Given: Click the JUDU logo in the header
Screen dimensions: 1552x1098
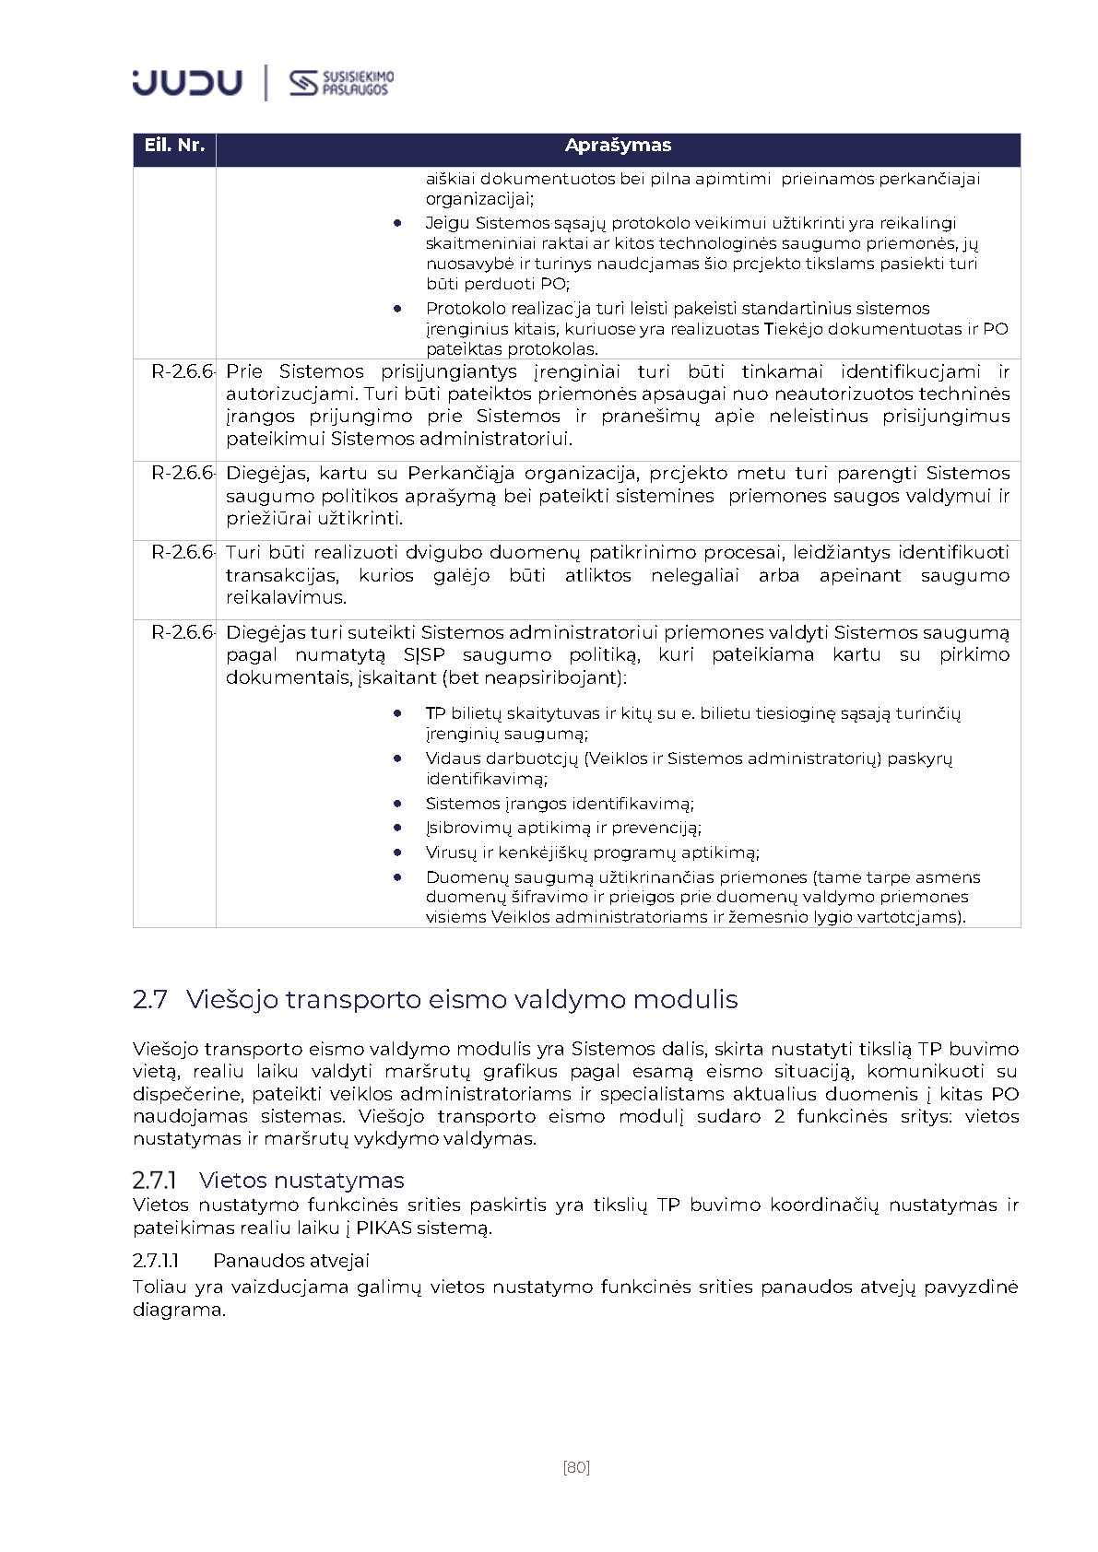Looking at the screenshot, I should pos(187,83).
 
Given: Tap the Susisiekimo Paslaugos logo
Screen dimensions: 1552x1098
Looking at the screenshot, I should pos(341,83).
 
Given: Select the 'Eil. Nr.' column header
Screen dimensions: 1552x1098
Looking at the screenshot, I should pos(174,146).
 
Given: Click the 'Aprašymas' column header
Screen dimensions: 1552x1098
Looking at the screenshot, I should pos(618,146).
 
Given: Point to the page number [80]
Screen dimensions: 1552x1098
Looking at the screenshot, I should pos(576,1467).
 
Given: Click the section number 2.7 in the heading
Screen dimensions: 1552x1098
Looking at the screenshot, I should pos(150,1000).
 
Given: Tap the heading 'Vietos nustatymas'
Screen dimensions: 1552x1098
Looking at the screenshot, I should pos(301,1181).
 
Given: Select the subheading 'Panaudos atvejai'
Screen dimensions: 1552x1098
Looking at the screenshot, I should pos(290,1261).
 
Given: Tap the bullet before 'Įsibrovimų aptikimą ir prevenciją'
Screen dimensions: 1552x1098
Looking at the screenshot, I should pos(397,829).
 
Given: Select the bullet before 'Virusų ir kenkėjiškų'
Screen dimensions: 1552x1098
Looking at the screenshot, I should pos(397,853).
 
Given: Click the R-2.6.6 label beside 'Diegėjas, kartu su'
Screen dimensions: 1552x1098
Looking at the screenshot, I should pos(183,474).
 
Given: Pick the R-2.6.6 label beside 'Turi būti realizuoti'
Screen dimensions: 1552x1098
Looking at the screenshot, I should pos(183,553).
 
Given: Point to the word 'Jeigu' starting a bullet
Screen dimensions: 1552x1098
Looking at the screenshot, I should pos(446,223).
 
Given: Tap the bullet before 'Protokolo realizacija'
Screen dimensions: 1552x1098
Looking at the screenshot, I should pos(397,310).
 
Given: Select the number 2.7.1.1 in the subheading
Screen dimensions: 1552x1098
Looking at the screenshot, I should pos(156,1261).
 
